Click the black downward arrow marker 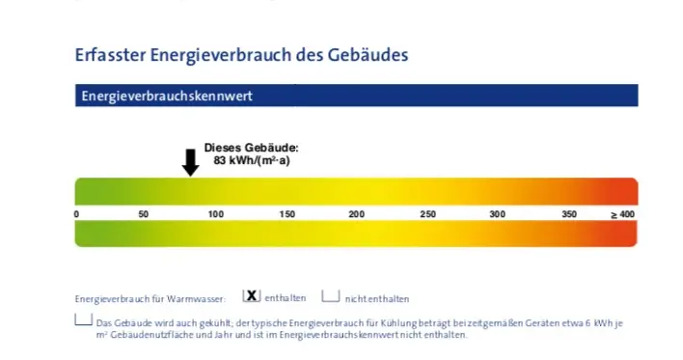tap(190, 162)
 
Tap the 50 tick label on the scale tap(144, 214)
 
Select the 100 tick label tap(216, 214)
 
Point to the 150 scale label tap(287, 214)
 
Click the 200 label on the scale tap(356, 214)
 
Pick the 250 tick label tap(427, 214)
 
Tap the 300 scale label tap(497, 214)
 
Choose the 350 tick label tap(569, 214)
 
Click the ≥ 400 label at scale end tap(622, 214)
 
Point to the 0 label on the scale tap(76, 214)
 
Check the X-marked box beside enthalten tap(252, 296)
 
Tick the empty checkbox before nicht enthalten tap(331, 296)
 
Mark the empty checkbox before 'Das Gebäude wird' tap(83, 319)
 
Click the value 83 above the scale tap(220, 160)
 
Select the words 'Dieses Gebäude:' tap(252, 148)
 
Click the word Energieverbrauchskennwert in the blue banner tap(167, 96)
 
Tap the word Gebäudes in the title tap(368, 55)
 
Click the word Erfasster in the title tap(110, 55)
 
